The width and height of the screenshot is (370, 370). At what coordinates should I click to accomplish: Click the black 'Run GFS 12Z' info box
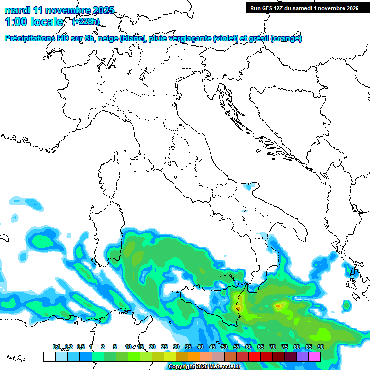tap(304, 8)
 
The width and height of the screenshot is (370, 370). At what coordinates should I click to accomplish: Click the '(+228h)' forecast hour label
tap(86, 21)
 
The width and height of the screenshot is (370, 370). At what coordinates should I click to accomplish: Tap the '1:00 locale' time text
tap(34, 22)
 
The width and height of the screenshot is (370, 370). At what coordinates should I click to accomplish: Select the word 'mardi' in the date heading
tap(17, 10)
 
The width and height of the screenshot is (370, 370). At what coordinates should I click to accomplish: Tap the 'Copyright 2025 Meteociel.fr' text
tap(204, 367)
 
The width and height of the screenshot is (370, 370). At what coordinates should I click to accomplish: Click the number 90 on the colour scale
tap(320, 347)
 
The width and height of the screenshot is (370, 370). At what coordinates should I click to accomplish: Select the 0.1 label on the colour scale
tap(56, 347)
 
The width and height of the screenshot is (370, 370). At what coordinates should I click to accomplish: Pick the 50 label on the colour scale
tap(224, 347)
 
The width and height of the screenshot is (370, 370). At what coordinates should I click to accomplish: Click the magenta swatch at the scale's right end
tap(315, 357)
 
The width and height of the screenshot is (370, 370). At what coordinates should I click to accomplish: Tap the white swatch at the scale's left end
tap(49, 357)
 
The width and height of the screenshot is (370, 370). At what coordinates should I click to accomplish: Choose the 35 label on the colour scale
tap(188, 347)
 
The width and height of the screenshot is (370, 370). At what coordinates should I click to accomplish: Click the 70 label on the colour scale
tap(272, 347)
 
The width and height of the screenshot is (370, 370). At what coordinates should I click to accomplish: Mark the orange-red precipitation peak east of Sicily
tap(278, 305)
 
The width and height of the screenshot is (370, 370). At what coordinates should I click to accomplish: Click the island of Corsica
tap(109, 176)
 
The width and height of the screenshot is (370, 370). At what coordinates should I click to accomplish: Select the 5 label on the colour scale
tap(115, 347)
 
